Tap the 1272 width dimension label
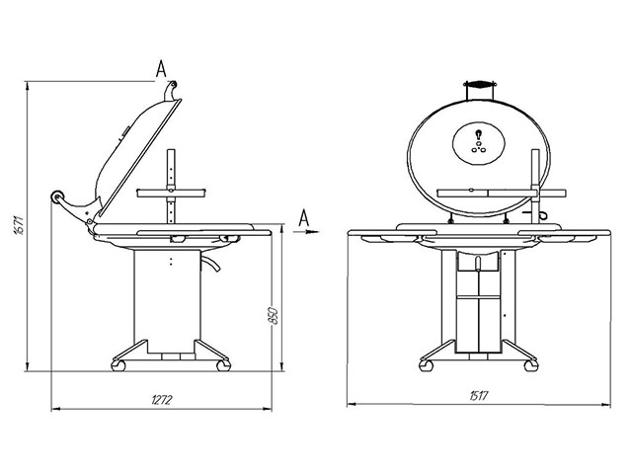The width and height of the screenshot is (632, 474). pos(162,400)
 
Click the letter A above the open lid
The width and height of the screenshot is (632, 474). pos(160,66)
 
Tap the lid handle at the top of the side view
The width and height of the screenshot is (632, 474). pos(173,92)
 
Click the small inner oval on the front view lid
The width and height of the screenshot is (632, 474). pos(477,144)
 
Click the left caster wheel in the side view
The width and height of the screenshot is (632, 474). pos(120,365)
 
